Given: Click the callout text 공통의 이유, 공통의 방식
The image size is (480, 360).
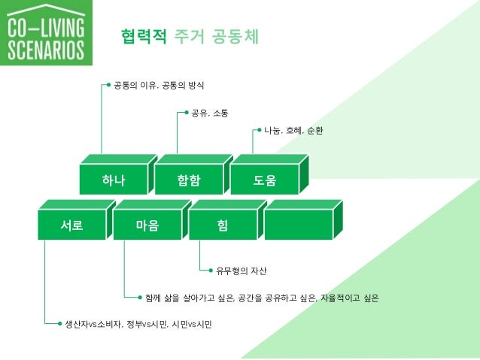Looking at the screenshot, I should tap(159, 86).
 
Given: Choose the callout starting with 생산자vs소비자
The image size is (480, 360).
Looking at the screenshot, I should tap(139, 325).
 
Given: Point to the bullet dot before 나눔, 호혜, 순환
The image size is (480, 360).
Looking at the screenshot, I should tap(259, 131).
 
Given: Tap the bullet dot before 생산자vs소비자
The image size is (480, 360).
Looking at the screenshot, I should tap(60, 325).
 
